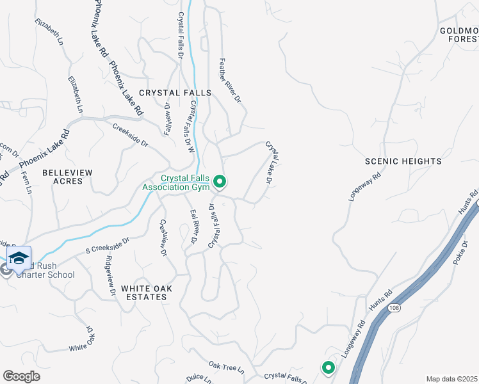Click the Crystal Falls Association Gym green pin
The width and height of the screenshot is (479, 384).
pyautogui.click(x=220, y=182)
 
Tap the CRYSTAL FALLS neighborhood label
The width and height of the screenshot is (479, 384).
pyautogui.click(x=175, y=93)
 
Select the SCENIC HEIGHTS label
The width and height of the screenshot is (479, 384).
pyautogui.click(x=403, y=161)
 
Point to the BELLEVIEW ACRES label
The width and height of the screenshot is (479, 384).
pyautogui.click(x=67, y=177)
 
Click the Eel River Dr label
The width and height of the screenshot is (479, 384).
pyautogui.click(x=192, y=227)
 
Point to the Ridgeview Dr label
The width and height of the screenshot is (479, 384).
pyautogui.click(x=110, y=275)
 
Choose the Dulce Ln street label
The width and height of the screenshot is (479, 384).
pyautogui.click(x=198, y=378)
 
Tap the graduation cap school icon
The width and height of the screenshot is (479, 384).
pyautogui.click(x=19, y=257)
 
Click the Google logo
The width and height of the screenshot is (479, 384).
pyautogui.click(x=21, y=376)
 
